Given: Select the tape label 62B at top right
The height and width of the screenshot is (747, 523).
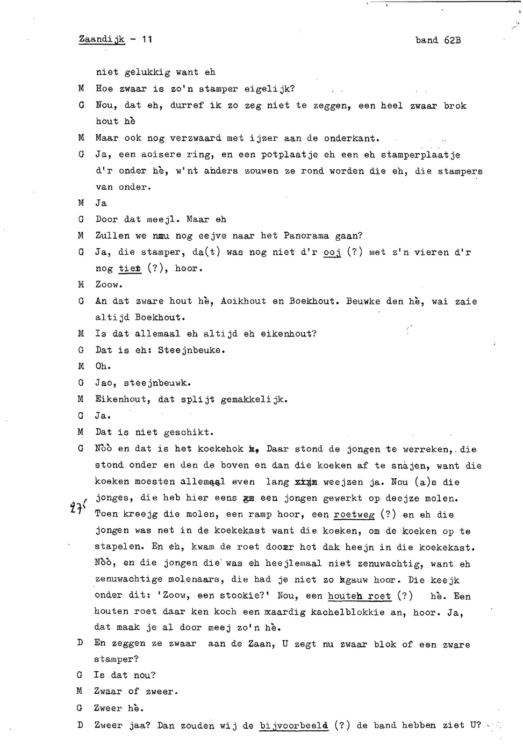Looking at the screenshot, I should [x=453, y=40].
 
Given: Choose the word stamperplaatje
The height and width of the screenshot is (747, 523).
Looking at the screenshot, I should [x=421, y=155].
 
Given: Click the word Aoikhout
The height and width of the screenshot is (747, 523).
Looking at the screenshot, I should [x=243, y=301].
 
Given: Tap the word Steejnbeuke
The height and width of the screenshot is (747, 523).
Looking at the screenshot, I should [x=191, y=350].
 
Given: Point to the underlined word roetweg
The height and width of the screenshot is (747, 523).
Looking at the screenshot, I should [x=354, y=514].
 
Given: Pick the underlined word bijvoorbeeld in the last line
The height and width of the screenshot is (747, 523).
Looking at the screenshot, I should [x=293, y=725].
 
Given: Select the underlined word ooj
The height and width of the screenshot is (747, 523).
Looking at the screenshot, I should [x=332, y=252].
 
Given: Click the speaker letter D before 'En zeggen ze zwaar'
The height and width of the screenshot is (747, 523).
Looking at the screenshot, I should [x=80, y=643].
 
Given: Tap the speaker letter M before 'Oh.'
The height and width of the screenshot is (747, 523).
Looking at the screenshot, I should [x=81, y=366].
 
